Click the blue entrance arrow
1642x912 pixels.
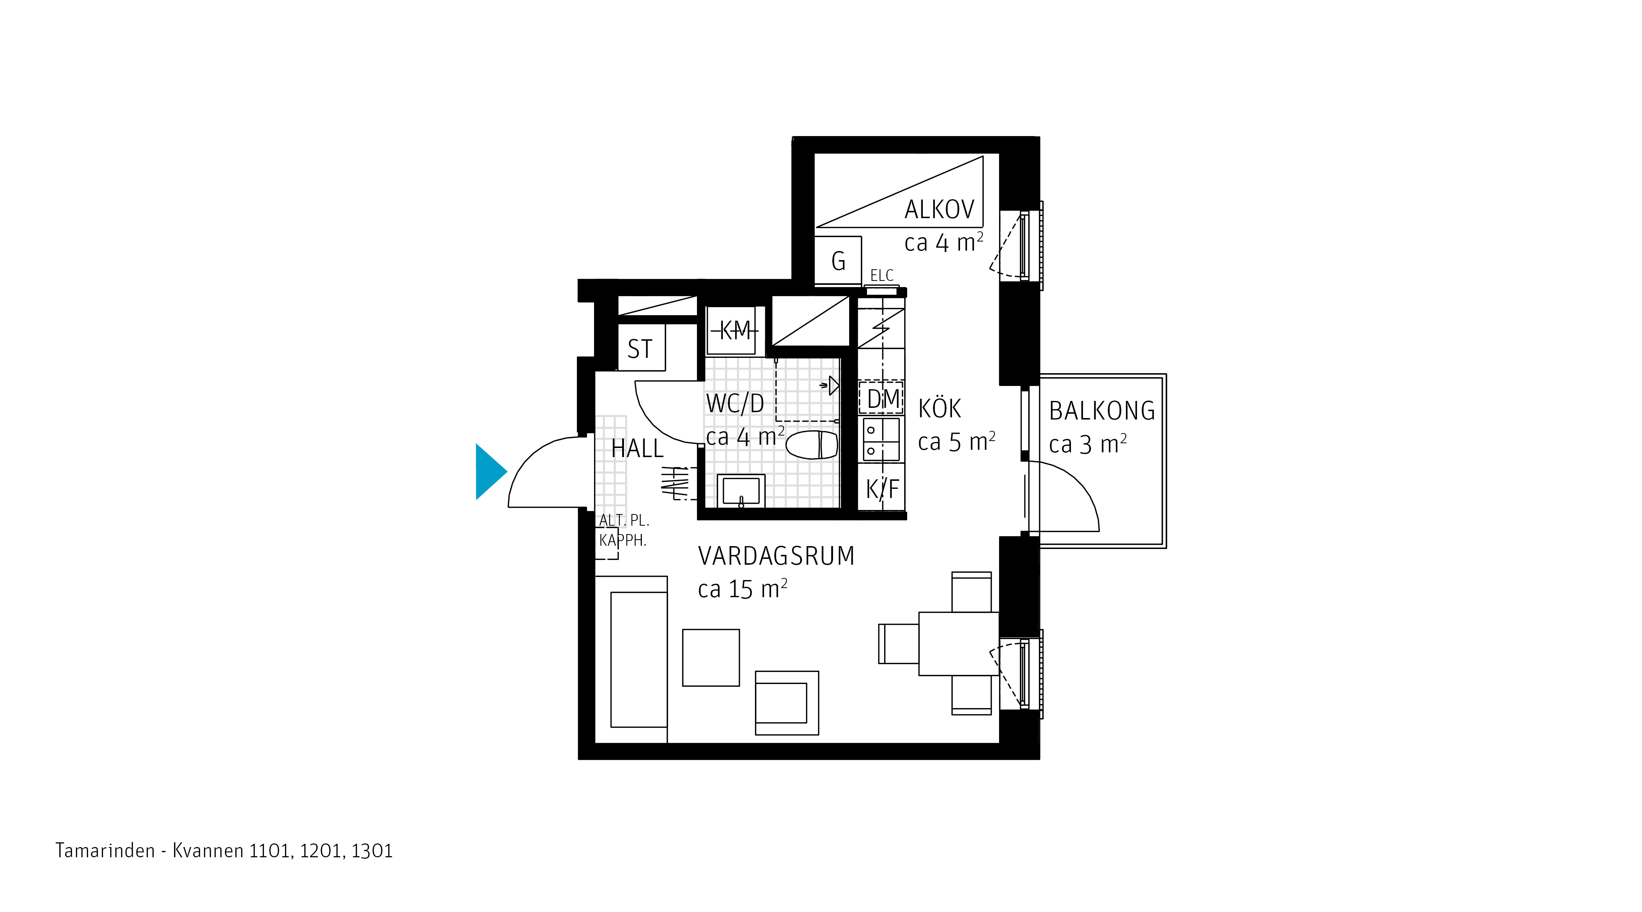click(490, 472)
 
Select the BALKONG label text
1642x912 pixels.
click(1102, 411)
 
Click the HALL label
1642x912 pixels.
click(637, 449)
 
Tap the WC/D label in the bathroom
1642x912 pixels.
click(735, 403)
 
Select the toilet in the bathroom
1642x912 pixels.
click(812, 444)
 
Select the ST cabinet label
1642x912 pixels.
click(640, 349)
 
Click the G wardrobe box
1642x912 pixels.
click(838, 261)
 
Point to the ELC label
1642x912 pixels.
click(882, 276)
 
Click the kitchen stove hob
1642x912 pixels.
click(881, 440)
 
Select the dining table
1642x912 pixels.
click(959, 644)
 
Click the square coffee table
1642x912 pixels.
click(711, 658)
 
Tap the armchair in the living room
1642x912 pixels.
click(787, 703)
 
